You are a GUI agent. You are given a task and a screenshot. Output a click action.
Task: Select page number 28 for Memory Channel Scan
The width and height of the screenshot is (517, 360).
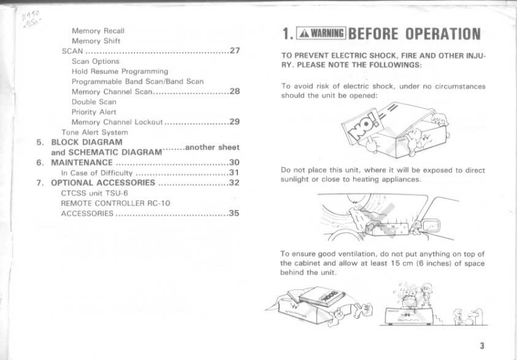point(235,91)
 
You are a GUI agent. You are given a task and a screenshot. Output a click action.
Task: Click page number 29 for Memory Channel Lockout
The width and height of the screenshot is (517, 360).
point(235,121)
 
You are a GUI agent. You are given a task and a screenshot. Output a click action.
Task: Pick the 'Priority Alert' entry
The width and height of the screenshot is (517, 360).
point(93,112)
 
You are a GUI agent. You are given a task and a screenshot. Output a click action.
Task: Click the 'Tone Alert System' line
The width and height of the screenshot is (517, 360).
point(94,132)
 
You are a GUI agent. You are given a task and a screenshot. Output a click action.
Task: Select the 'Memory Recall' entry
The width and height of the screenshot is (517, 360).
point(98,30)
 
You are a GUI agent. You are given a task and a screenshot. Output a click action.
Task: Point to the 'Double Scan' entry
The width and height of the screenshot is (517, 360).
point(93,102)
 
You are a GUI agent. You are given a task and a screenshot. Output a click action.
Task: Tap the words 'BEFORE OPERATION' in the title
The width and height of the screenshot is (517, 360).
point(415,35)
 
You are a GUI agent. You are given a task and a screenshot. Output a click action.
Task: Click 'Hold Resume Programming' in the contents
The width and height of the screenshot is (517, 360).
point(120,71)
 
